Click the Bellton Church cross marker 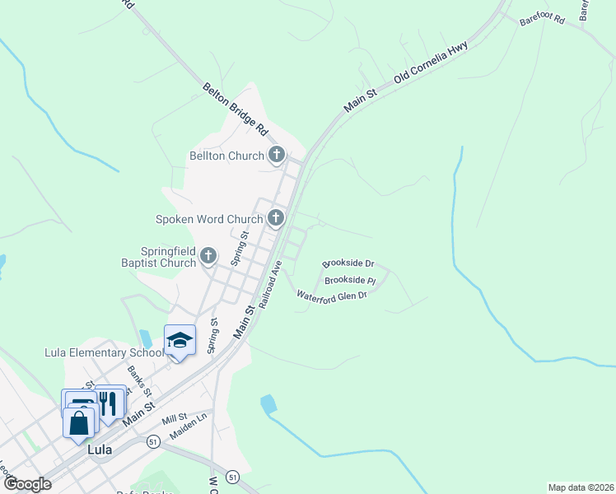[277, 155]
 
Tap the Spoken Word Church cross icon [275, 218]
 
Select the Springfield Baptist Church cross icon [208, 256]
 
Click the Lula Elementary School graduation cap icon [180, 341]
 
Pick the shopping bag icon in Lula [79, 424]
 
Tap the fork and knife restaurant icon [110, 403]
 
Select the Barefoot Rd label [541, 19]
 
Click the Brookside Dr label [348, 263]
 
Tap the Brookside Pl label [349, 281]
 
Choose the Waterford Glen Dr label [331, 295]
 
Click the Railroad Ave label [270, 284]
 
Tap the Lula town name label [100, 452]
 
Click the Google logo [26, 484]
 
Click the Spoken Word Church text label [209, 219]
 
